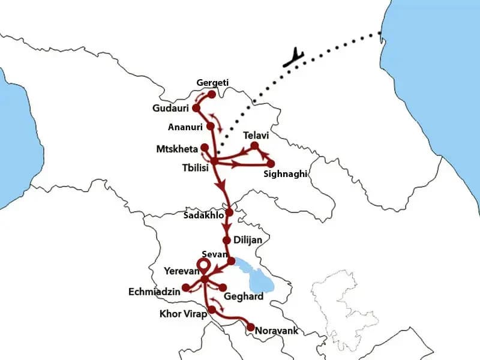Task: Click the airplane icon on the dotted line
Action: coord(294,58)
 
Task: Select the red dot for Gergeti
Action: coord(211,94)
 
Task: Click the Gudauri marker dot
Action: coord(195,109)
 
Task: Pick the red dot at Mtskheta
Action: coord(205,147)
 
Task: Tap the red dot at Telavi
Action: coord(254,146)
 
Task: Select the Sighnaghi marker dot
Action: coord(271,163)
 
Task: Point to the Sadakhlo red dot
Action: coord(229,212)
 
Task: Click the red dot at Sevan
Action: coord(232,261)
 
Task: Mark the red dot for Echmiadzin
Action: coord(186,287)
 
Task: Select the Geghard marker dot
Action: coord(223,287)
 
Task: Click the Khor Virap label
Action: coord(182,314)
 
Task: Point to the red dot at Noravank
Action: coord(250,328)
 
